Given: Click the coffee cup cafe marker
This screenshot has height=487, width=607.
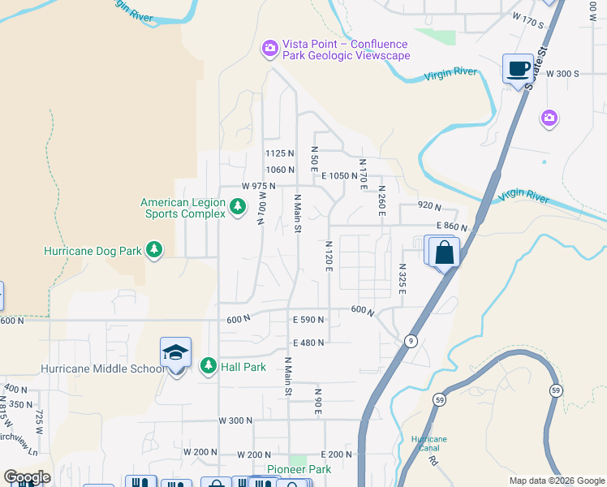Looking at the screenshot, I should (517, 68).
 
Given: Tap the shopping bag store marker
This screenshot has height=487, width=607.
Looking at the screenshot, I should (445, 252).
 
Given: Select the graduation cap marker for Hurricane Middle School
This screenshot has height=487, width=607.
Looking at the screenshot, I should (175, 353).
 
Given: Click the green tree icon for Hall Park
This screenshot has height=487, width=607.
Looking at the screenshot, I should (209, 367).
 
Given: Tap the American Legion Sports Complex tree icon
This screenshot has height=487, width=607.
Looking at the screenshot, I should (237, 208).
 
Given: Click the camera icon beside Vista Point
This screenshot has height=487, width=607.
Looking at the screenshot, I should (269, 50).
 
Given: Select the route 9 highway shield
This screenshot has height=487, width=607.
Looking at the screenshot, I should (412, 341).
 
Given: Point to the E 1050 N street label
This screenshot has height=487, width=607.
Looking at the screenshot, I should (339, 175).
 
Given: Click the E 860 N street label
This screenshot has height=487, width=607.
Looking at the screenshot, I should (453, 226).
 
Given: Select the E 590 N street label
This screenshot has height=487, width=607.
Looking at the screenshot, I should (308, 320).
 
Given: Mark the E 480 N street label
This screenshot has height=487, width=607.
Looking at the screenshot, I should (308, 343).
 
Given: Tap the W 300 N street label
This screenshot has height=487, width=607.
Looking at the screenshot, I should (235, 420).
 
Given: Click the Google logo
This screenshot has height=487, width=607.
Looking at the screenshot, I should (27, 477).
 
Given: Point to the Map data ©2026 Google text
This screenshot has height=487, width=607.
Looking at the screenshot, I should (556, 481).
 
